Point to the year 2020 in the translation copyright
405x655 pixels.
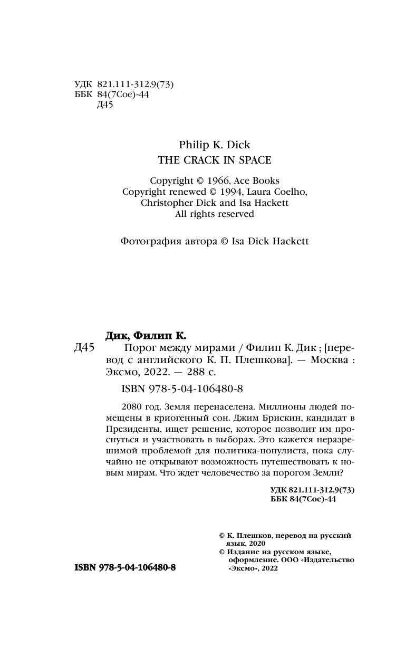point(254,543)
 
